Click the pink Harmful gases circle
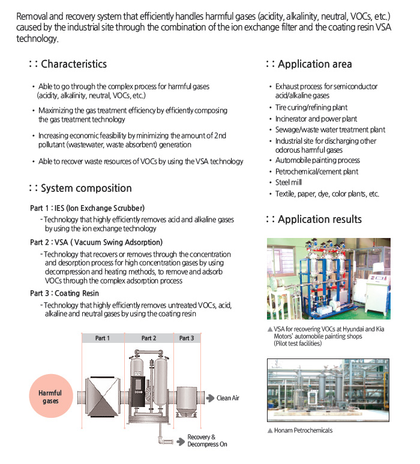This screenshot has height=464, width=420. coord(51,396)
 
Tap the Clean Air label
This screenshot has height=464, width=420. coord(228,398)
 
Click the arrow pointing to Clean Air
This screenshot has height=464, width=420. coord(210,398)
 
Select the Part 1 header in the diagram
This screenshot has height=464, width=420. coord(103,338)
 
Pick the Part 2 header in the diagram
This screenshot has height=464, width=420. coord(149,338)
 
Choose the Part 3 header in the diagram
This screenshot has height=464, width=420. coord(187,338)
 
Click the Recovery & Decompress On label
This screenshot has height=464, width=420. coord(208,441)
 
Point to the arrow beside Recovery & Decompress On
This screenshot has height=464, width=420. coord(181,442)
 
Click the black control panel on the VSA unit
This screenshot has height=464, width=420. coord(138,391)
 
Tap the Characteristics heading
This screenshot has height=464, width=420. coord(68,64)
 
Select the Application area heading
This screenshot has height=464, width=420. coord(309,64)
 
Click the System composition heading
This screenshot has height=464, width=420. coord(80,188)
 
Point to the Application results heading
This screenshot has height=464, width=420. coord(314,219)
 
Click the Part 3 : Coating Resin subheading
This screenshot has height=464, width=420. coord(65,293)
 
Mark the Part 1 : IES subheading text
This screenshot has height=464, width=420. coord(88,209)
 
